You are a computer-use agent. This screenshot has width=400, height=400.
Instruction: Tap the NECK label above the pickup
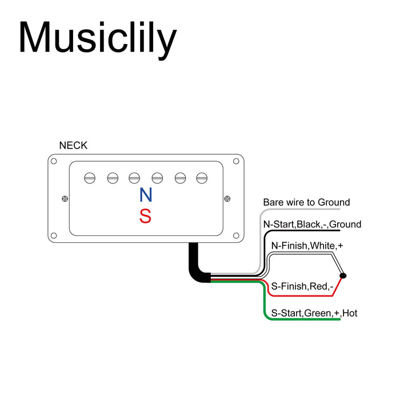(x=73, y=145)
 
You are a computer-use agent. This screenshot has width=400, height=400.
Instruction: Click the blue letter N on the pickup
(x=146, y=195)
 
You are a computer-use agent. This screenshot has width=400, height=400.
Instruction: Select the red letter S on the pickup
(x=145, y=216)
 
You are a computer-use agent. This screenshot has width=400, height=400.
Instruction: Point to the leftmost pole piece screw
(x=90, y=178)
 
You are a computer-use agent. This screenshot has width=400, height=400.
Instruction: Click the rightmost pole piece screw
(x=202, y=178)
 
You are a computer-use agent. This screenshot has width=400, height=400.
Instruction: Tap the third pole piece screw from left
(x=134, y=178)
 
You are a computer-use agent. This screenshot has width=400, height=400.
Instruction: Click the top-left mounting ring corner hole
(x=54, y=161)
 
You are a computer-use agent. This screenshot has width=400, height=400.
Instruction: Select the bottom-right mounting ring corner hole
(x=236, y=235)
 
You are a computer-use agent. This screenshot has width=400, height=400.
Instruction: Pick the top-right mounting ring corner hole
(x=236, y=161)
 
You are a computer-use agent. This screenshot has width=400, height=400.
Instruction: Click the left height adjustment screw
(x=65, y=198)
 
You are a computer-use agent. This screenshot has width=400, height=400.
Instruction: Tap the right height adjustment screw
(x=227, y=198)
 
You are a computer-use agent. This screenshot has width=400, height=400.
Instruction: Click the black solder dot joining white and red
(x=343, y=276)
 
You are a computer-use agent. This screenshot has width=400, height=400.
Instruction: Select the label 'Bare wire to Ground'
(x=306, y=202)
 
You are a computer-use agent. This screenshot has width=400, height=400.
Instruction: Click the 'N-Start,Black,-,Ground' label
(x=312, y=224)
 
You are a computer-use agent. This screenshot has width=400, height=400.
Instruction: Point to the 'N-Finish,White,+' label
(x=307, y=246)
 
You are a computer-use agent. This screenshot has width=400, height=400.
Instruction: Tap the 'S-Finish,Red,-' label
(x=302, y=286)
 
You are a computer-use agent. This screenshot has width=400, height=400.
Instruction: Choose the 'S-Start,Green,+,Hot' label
(x=314, y=313)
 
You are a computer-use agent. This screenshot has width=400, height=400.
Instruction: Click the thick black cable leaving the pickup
(x=196, y=268)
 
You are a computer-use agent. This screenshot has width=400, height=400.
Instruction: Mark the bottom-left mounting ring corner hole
(x=54, y=235)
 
